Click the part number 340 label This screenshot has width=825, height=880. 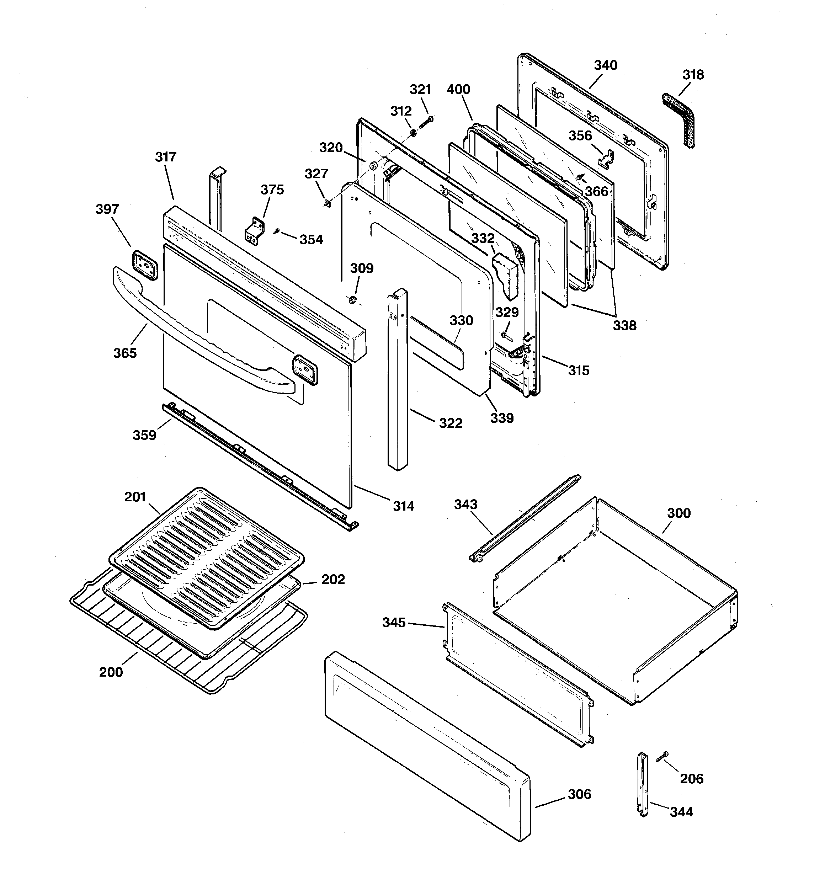coord(605,65)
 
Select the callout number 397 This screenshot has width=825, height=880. coord(107,209)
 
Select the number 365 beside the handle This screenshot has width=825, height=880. coord(125,353)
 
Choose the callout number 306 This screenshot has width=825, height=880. coord(579,794)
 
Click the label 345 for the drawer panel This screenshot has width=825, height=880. coord(394,623)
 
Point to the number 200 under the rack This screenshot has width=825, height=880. coord(111,672)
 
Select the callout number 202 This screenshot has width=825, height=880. coord(332,580)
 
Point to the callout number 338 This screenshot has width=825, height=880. coord(624,326)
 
